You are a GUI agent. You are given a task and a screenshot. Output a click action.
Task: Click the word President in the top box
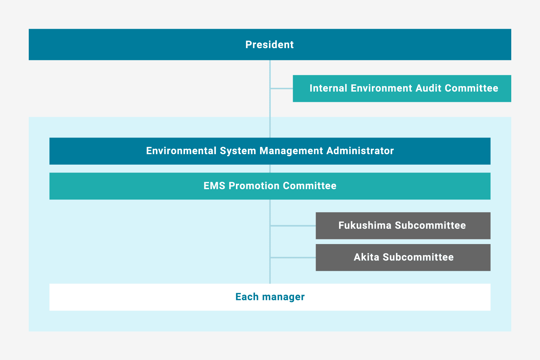point(269,45)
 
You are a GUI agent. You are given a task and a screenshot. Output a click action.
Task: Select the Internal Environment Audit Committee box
point(402,88)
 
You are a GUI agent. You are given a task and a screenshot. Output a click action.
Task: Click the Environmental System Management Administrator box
point(270,151)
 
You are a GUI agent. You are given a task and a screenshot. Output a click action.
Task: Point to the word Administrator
point(360,151)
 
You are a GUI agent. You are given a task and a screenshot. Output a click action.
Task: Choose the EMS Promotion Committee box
point(270,186)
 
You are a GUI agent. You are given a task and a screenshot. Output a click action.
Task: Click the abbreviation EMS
point(214,186)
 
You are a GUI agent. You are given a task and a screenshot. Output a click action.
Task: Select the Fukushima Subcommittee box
point(403,226)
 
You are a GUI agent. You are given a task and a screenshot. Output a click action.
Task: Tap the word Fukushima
point(365,225)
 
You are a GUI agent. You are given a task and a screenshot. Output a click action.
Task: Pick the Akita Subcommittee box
point(403,257)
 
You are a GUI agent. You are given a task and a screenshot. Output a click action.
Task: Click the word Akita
point(367,257)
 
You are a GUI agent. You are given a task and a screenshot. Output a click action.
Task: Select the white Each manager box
point(270,297)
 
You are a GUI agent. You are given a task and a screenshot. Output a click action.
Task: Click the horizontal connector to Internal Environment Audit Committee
point(282,88)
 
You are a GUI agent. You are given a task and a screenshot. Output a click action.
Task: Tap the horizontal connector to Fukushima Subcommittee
point(293,226)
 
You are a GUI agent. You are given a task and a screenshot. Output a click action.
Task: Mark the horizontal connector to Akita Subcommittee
point(293,257)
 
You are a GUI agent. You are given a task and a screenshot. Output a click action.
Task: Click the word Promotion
point(254,186)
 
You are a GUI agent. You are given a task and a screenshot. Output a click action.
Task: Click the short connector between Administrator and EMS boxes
point(270,169)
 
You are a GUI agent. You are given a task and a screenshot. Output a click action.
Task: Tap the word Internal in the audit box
point(328,88)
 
